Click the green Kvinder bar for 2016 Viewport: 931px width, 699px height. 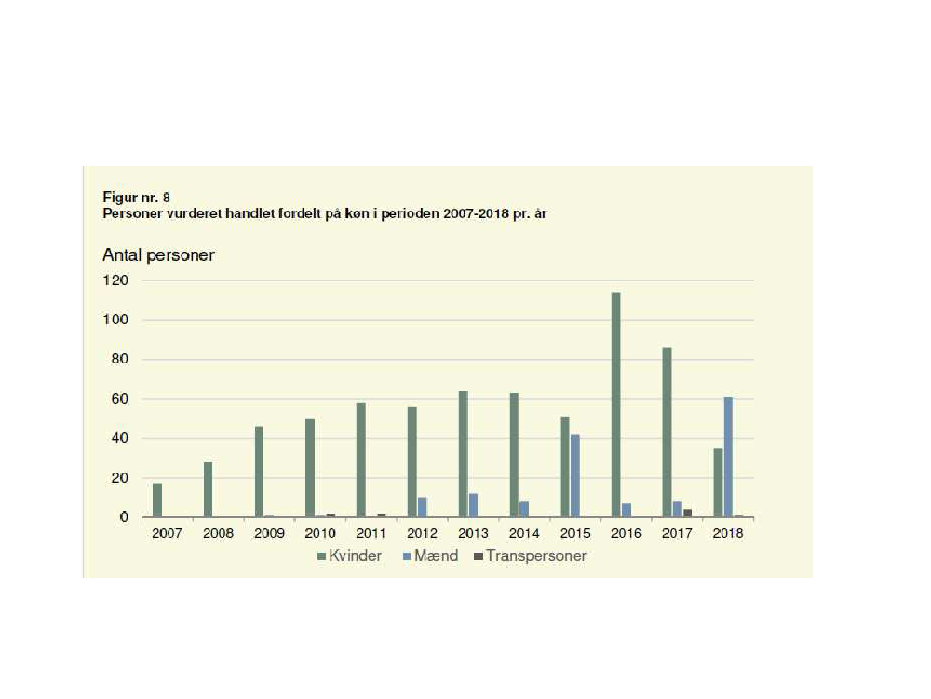tap(615, 404)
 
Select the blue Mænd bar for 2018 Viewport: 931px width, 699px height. tap(728, 457)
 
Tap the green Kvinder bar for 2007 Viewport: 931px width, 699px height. tap(157, 500)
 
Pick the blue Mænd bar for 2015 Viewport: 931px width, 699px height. tap(575, 475)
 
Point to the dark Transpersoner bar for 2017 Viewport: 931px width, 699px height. tap(687, 513)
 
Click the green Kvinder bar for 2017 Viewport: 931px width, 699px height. tap(667, 432)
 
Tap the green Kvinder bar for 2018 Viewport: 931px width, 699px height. tap(718, 482)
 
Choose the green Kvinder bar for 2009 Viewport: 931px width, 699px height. tap(259, 471)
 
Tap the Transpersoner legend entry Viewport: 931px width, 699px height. tap(529, 556)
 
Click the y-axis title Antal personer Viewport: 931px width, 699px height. tap(158, 254)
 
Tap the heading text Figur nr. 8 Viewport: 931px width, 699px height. tap(136, 198)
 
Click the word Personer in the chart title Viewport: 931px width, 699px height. tap(130, 212)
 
